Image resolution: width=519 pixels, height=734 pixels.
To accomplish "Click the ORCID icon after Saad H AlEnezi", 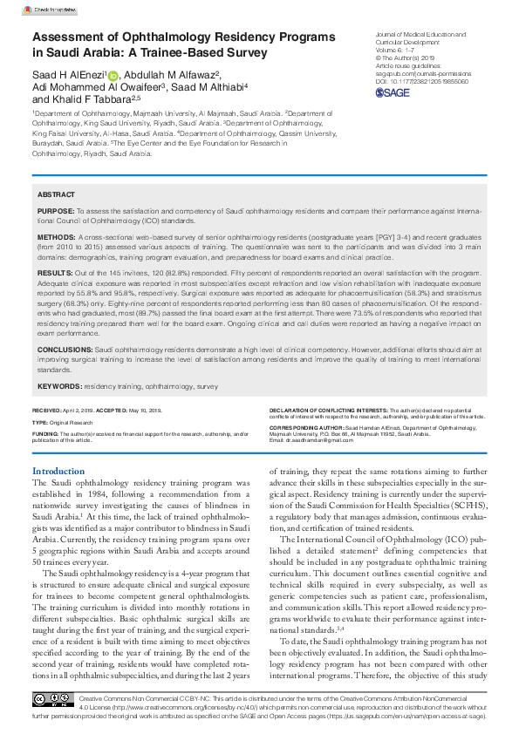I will (x=112, y=77).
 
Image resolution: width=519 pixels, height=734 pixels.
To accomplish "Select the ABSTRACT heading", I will (x=56, y=196).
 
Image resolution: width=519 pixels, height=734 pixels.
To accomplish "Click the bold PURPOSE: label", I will (x=55, y=212).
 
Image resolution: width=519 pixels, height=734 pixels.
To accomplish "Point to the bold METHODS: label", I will (x=56, y=236).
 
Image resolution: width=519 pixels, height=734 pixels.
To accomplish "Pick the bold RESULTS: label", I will (x=55, y=273).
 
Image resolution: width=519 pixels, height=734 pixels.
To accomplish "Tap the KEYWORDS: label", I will (x=58, y=384).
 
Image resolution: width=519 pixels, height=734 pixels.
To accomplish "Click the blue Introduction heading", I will (x=58, y=471).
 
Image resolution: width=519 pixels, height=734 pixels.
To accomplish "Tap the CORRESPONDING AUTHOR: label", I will (x=306, y=429).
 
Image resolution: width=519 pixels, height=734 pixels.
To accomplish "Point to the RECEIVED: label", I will (x=47, y=409).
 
